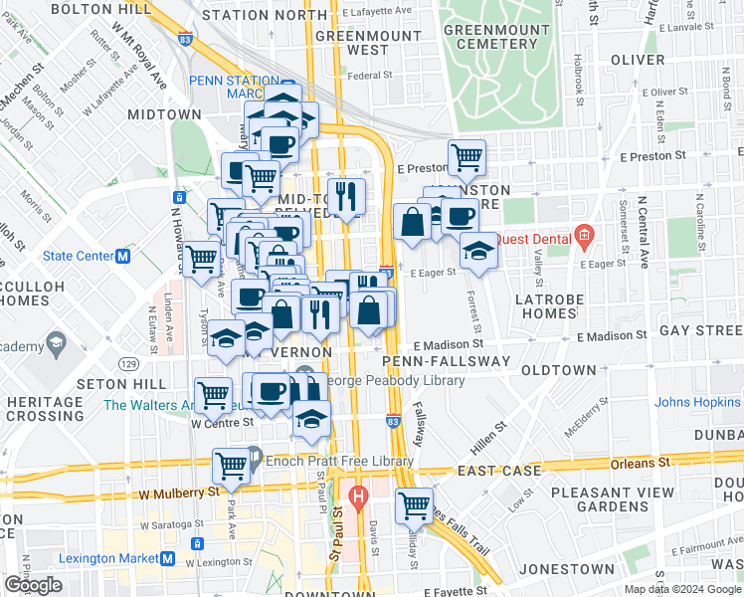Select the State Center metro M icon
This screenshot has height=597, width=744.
(124, 256)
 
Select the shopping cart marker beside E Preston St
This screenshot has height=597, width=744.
(465, 156)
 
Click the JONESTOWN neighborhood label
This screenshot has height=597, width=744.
(550, 569)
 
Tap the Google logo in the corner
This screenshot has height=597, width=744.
(33, 585)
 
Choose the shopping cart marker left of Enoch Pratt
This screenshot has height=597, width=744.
(232, 465)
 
